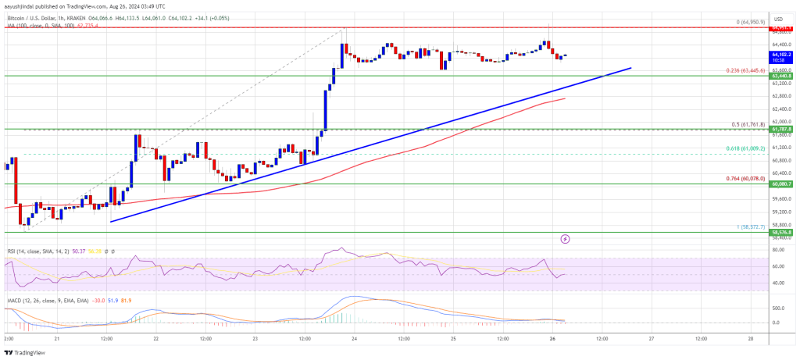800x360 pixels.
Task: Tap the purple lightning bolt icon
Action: click(566, 238)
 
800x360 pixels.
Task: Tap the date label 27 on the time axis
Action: click(651, 339)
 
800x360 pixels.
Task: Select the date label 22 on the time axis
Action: click(157, 339)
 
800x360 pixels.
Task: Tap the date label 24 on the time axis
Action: click(355, 339)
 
